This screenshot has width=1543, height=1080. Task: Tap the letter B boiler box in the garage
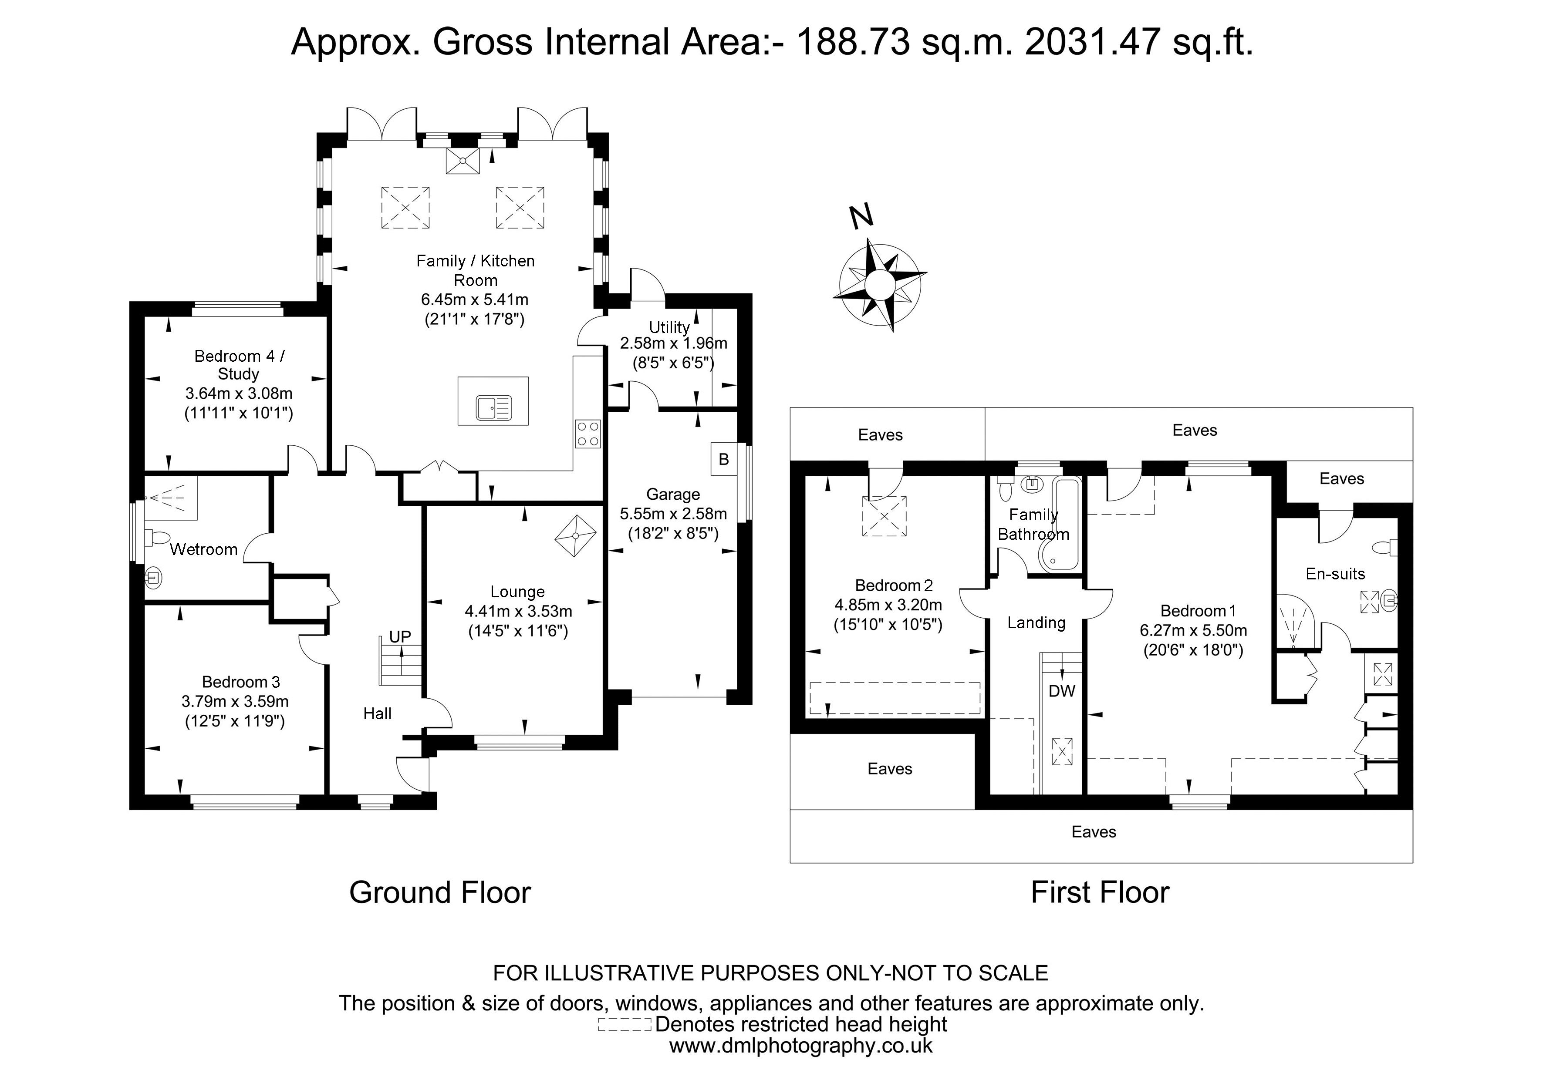[724, 459]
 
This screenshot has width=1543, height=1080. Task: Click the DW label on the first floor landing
[1062, 690]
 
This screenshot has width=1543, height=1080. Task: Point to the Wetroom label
[204, 549]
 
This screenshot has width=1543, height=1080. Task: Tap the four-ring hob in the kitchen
[587, 433]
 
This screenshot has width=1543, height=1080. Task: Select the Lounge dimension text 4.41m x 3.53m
[518, 611]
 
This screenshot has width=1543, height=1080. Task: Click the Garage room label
[673, 495]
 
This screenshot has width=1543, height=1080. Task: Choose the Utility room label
[669, 327]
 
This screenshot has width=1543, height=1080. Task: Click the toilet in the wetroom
[159, 538]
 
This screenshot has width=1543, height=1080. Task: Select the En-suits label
[1335, 574]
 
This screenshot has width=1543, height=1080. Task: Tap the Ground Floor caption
[440, 893]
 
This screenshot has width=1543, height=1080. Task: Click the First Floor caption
[1100, 893]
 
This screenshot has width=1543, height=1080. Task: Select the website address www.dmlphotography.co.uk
[800, 1046]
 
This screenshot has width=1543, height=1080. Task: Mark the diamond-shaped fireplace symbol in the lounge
[575, 535]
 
